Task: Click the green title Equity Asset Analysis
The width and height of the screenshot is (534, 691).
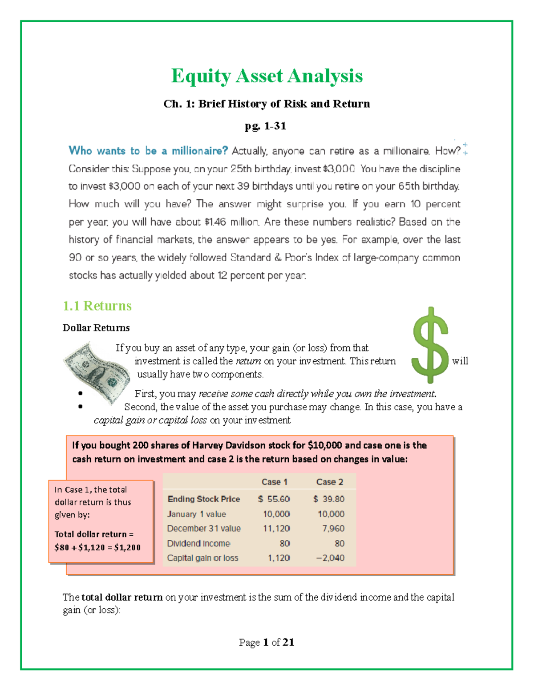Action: click(x=267, y=76)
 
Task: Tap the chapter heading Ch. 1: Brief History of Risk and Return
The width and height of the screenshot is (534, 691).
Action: click(x=267, y=104)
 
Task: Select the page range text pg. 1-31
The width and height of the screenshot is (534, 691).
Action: click(x=265, y=126)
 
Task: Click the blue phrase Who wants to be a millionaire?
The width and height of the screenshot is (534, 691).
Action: click(x=148, y=151)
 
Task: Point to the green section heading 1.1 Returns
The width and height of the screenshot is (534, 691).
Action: click(x=97, y=306)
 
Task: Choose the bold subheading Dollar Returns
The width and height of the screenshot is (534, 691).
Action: click(x=96, y=328)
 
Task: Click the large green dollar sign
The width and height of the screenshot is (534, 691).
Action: click(x=430, y=345)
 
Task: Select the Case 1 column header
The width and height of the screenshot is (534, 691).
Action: click(x=274, y=482)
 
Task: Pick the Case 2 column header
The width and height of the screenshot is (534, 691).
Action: click(x=329, y=482)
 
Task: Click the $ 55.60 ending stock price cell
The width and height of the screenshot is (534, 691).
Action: click(x=274, y=499)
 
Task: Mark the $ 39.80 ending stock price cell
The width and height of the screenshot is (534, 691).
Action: click(x=328, y=499)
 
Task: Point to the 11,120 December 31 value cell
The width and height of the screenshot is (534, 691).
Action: click(x=276, y=529)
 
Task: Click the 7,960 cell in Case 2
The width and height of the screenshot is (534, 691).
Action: click(x=333, y=529)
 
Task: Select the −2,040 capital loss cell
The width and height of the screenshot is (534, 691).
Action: click(x=330, y=558)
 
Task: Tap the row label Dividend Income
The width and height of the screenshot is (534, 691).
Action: click(x=198, y=543)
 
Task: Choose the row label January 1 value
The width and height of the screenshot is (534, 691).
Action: click(x=196, y=514)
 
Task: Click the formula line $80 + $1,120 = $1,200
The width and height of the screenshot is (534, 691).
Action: click(x=97, y=547)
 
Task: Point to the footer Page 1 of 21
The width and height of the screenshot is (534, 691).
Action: click(x=266, y=642)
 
